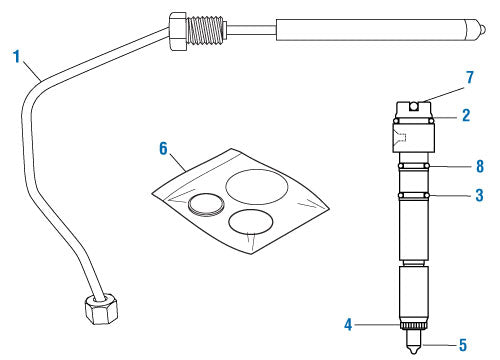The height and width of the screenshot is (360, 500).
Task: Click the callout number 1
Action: [16, 57]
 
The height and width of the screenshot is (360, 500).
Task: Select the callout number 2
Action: [464, 117]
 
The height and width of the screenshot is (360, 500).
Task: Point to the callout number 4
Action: [348, 323]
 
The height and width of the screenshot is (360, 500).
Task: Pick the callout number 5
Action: [462, 347]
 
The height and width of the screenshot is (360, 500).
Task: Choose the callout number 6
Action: [164, 146]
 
